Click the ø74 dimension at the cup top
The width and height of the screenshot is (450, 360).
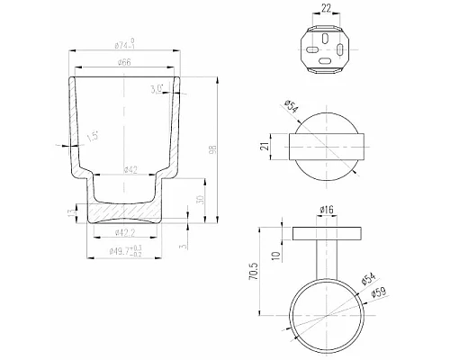pos(128,43)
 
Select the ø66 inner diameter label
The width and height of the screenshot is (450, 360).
pos(126,62)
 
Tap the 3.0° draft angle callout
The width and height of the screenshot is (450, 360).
pos(157,88)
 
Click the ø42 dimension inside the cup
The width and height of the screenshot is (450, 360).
pos(126,168)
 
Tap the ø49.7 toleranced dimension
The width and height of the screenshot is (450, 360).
pos(126,253)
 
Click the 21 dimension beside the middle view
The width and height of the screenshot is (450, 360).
pos(265,147)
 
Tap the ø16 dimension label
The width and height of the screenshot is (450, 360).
pos(326,211)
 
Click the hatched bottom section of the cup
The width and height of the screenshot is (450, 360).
pos(126,215)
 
